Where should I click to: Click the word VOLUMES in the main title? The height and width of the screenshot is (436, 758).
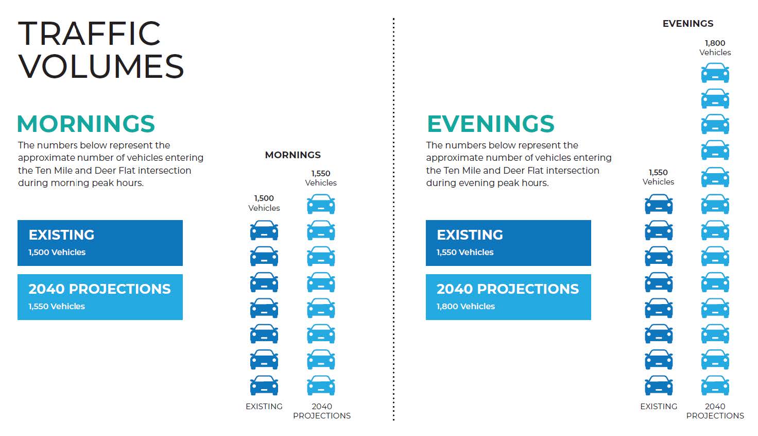tap(101, 66)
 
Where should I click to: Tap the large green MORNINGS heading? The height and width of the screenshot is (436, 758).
tap(86, 124)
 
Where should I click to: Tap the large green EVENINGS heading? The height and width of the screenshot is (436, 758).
tap(491, 124)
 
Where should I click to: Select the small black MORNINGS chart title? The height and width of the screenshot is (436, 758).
tap(292, 155)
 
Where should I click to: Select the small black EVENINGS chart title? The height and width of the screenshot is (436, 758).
tap(688, 23)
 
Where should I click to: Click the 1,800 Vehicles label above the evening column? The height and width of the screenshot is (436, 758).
tap(715, 48)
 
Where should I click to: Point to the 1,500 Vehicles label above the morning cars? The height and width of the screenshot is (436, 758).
tap(264, 203)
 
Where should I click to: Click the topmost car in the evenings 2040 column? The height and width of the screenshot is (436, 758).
tap(715, 73)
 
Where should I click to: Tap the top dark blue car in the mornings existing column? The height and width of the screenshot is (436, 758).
tap(264, 230)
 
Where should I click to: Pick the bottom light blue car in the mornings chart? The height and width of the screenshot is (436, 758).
tap(321, 385)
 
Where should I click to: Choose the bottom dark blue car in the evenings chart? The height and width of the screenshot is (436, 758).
tap(659, 385)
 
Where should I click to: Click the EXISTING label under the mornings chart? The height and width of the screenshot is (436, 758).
tap(264, 406)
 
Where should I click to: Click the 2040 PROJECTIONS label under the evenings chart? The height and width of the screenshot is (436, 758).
tap(715, 411)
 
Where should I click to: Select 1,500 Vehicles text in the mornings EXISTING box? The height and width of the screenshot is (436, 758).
tap(57, 253)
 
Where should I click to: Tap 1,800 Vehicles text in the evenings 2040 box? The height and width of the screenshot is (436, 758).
tap(466, 307)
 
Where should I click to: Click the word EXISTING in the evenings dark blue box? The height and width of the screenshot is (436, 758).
tap(470, 235)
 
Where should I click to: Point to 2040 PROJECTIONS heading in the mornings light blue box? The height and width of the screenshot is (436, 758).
tap(99, 289)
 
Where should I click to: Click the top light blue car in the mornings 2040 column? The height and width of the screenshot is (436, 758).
tap(321, 204)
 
